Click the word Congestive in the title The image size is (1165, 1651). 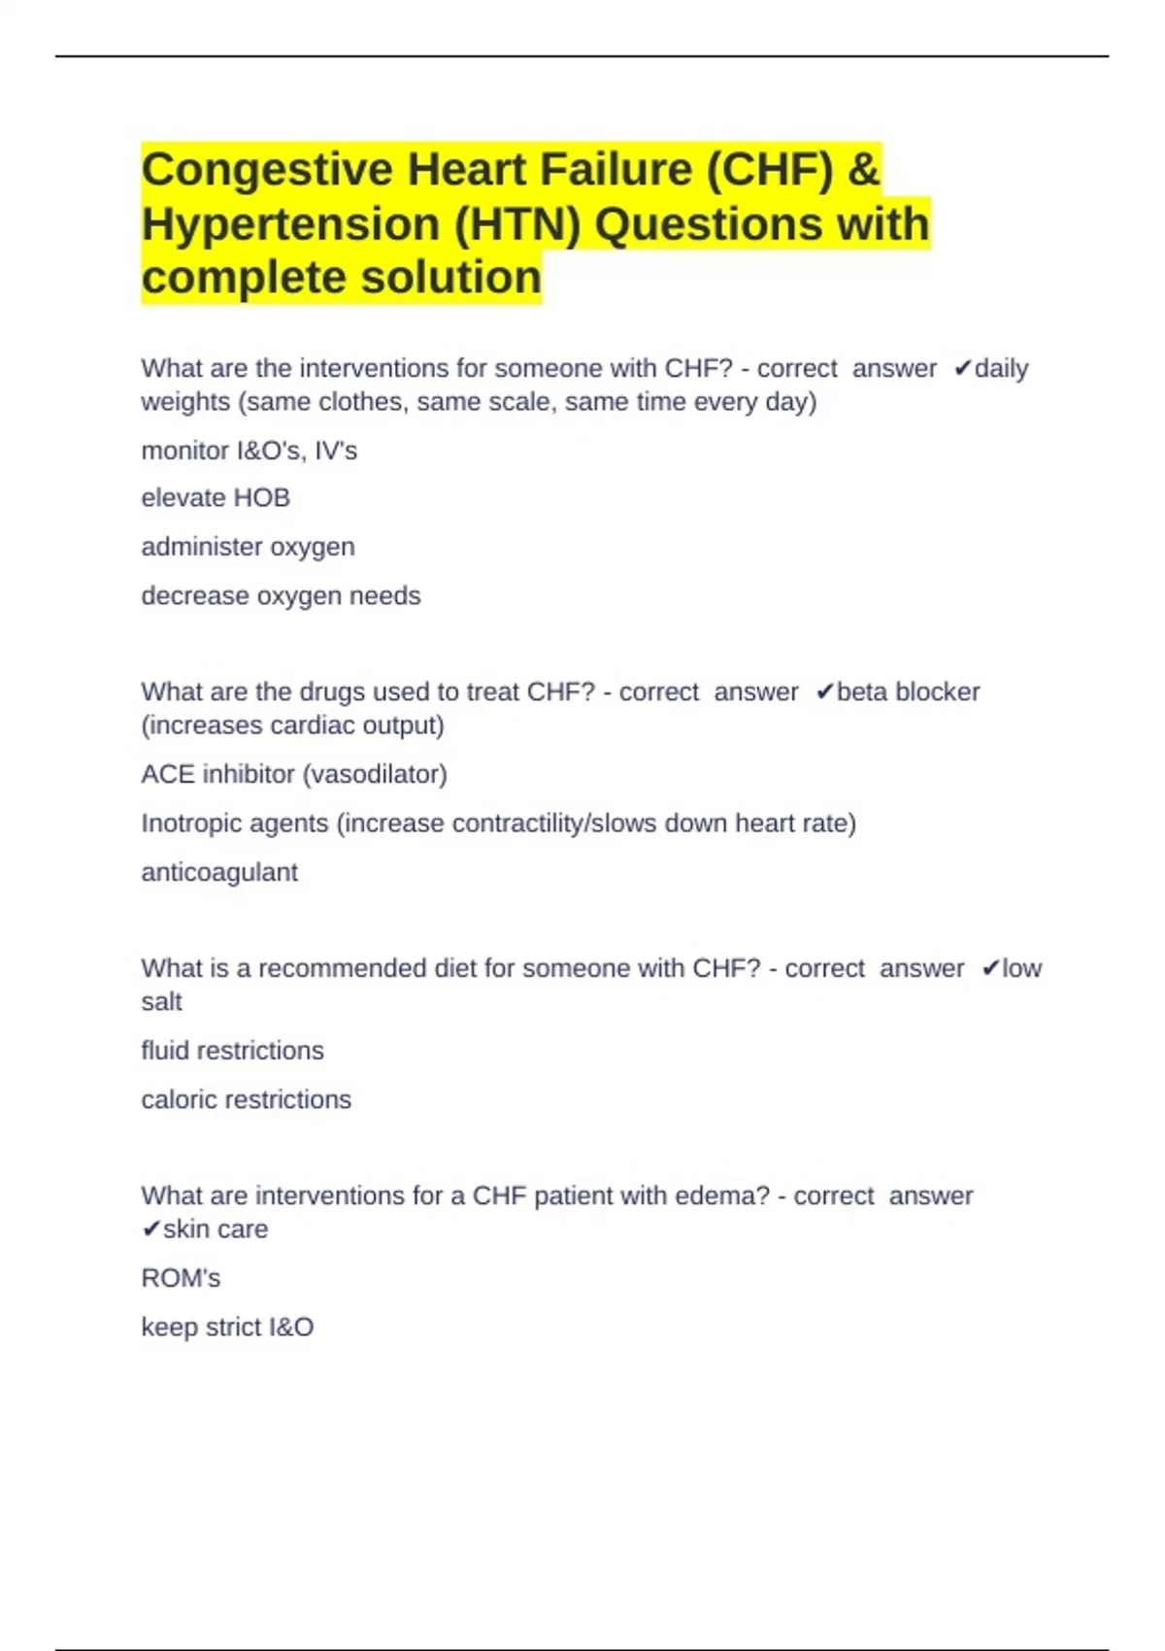point(266,170)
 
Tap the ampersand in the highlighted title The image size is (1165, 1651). point(863,170)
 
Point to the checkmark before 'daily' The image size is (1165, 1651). point(962,369)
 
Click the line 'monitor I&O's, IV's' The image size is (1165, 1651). point(249,451)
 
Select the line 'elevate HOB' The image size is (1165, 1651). point(216,498)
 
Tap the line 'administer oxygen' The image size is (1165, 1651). point(248,547)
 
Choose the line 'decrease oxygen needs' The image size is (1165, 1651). point(281,595)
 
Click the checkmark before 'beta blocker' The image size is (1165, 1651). point(824,692)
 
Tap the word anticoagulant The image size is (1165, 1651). point(219,872)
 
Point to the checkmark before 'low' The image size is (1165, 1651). point(990,968)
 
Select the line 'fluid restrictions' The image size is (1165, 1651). point(232,1051)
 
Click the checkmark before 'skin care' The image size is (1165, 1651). point(150,1230)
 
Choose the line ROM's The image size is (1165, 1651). point(181,1278)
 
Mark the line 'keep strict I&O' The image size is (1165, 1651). point(227,1328)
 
